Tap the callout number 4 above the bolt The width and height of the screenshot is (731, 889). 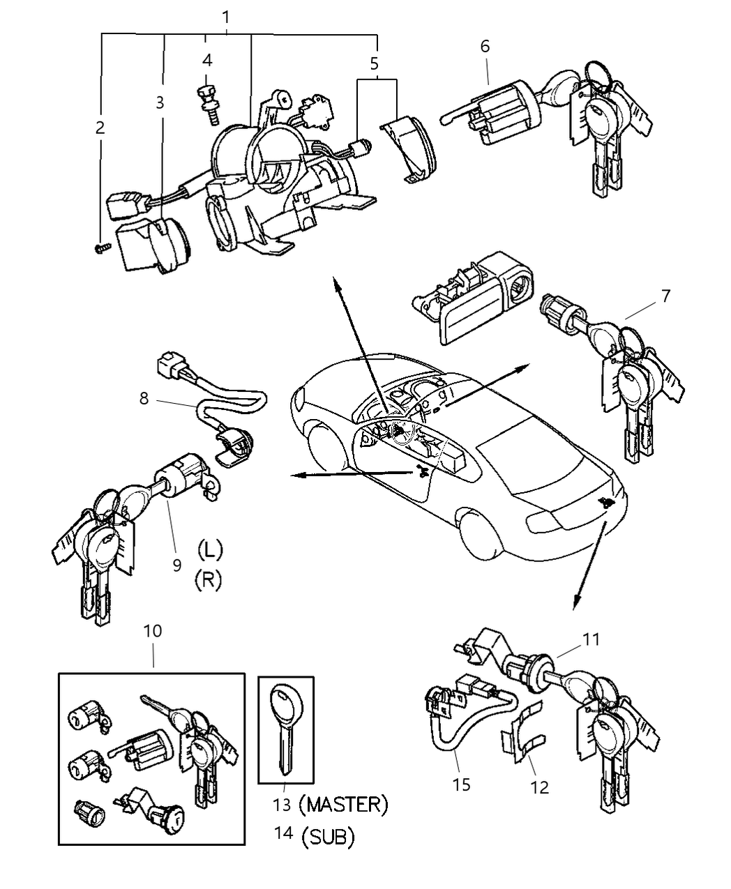207,61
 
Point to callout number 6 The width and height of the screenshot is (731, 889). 485,47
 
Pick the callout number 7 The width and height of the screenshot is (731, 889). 665,296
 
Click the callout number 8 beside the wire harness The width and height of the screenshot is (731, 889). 144,398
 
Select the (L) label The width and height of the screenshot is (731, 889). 209,549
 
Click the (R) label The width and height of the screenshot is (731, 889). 209,580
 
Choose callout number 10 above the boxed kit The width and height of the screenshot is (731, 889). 152,630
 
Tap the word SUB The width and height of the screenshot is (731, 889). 328,836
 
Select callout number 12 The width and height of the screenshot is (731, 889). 539,787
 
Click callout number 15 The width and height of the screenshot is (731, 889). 461,784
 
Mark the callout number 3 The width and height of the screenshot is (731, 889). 160,102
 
